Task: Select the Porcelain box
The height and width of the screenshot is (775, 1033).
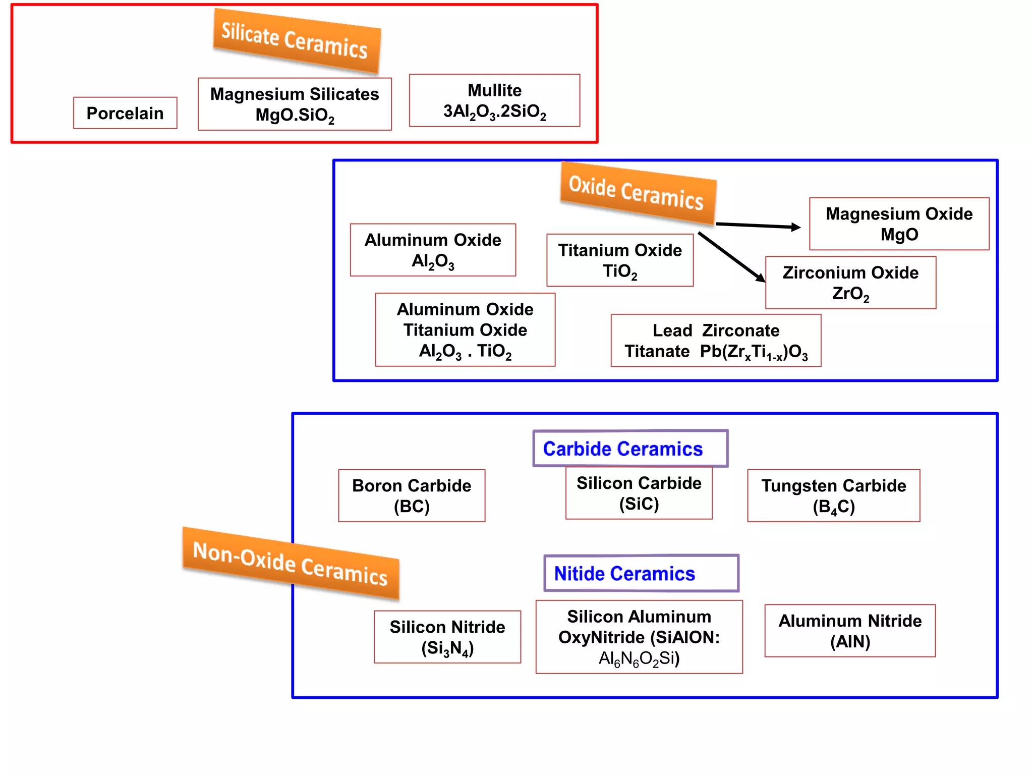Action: [x=125, y=113]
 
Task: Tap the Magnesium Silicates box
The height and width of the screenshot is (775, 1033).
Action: [x=295, y=104]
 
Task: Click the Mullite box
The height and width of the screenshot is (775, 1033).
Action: [x=494, y=100]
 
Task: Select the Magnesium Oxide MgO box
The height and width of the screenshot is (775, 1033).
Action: [x=899, y=224]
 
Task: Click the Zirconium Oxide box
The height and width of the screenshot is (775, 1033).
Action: [x=850, y=283]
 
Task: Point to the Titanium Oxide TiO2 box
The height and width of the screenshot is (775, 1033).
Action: [x=620, y=260]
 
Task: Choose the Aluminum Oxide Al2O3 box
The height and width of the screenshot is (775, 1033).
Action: [x=433, y=250]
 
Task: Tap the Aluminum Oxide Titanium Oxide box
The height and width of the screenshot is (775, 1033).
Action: [x=465, y=329]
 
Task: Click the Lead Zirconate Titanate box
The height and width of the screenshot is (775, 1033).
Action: [x=716, y=341]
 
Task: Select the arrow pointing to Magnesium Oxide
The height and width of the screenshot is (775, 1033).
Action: [x=758, y=226]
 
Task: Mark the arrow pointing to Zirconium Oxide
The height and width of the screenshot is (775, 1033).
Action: [x=731, y=257]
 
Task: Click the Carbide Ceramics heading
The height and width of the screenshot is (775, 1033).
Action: [x=630, y=449]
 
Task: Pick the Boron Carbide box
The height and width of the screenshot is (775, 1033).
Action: [x=412, y=495]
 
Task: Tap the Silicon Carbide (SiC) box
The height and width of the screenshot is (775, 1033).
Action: [x=639, y=493]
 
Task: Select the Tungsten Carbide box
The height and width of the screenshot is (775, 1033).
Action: [x=833, y=495]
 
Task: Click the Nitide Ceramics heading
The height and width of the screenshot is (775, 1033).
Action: [x=641, y=573]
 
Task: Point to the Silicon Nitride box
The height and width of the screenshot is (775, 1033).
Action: [x=447, y=637]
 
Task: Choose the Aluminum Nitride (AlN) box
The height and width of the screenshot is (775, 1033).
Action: [x=850, y=631]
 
